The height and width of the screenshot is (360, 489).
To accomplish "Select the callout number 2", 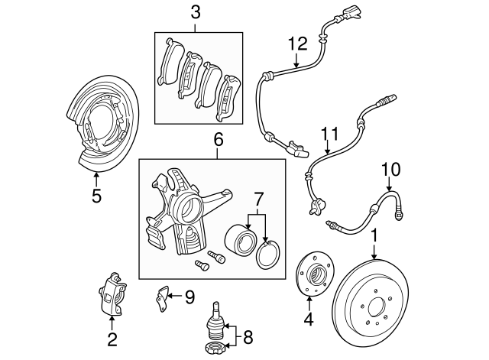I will [x=112, y=339].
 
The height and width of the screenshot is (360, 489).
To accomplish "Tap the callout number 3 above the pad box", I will [x=196, y=12].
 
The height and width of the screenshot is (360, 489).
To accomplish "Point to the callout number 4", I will [x=309, y=319].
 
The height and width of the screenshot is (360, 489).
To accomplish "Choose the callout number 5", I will [x=96, y=196].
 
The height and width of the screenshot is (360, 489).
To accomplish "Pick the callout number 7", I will [x=257, y=199].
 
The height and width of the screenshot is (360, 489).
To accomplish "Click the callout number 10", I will [x=390, y=168].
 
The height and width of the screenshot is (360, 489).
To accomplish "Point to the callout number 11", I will [x=329, y=135].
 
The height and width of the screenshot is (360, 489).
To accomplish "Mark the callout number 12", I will [x=296, y=44].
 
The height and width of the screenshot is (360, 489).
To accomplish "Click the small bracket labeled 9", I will [x=162, y=295].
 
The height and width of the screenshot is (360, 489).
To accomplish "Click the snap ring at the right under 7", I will [x=267, y=254].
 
